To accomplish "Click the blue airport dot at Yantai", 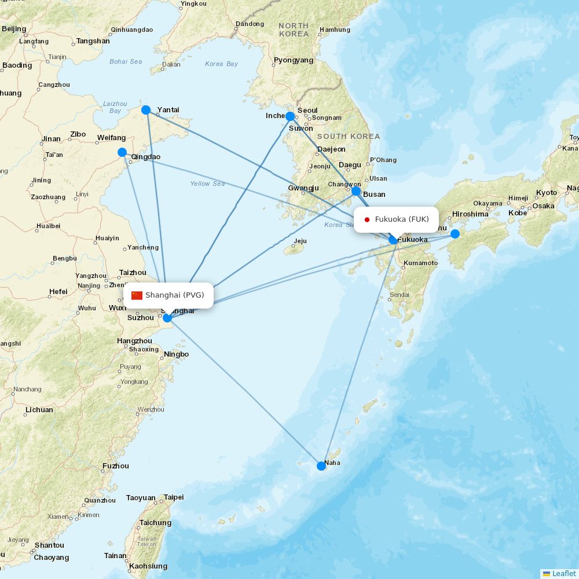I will pyautogui.click(x=146, y=110).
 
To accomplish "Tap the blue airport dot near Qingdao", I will pyautogui.click(x=122, y=152).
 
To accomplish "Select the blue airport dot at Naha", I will pyautogui.click(x=321, y=466).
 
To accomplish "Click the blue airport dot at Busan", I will pyautogui.click(x=356, y=191).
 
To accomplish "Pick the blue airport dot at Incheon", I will pyautogui.click(x=290, y=116).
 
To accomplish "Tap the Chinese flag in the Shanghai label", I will pyautogui.click(x=137, y=295).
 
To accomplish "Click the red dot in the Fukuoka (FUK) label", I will pyautogui.click(x=367, y=219).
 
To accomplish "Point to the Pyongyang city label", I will pyautogui.click(x=294, y=60).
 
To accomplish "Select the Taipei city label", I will pyautogui.click(x=173, y=497).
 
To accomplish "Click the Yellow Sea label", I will pyautogui.click(x=207, y=184).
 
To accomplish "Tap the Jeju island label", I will pyautogui.click(x=300, y=241).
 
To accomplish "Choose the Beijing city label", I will pyautogui.click(x=14, y=29).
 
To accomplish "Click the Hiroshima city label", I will pyautogui.click(x=470, y=214).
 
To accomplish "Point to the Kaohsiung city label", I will pyautogui.click(x=148, y=566).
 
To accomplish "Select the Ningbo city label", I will pyautogui.click(x=176, y=354).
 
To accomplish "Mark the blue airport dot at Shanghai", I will pyautogui.click(x=167, y=317).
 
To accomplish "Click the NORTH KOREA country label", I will pyautogui.click(x=294, y=30).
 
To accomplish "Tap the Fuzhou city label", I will pyautogui.click(x=115, y=466).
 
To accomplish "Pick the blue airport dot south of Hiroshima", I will pyautogui.click(x=455, y=234).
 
